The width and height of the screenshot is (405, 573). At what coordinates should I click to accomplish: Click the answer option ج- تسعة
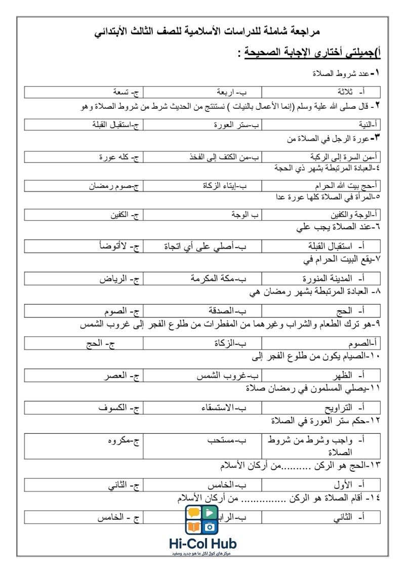click(x=126, y=92)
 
